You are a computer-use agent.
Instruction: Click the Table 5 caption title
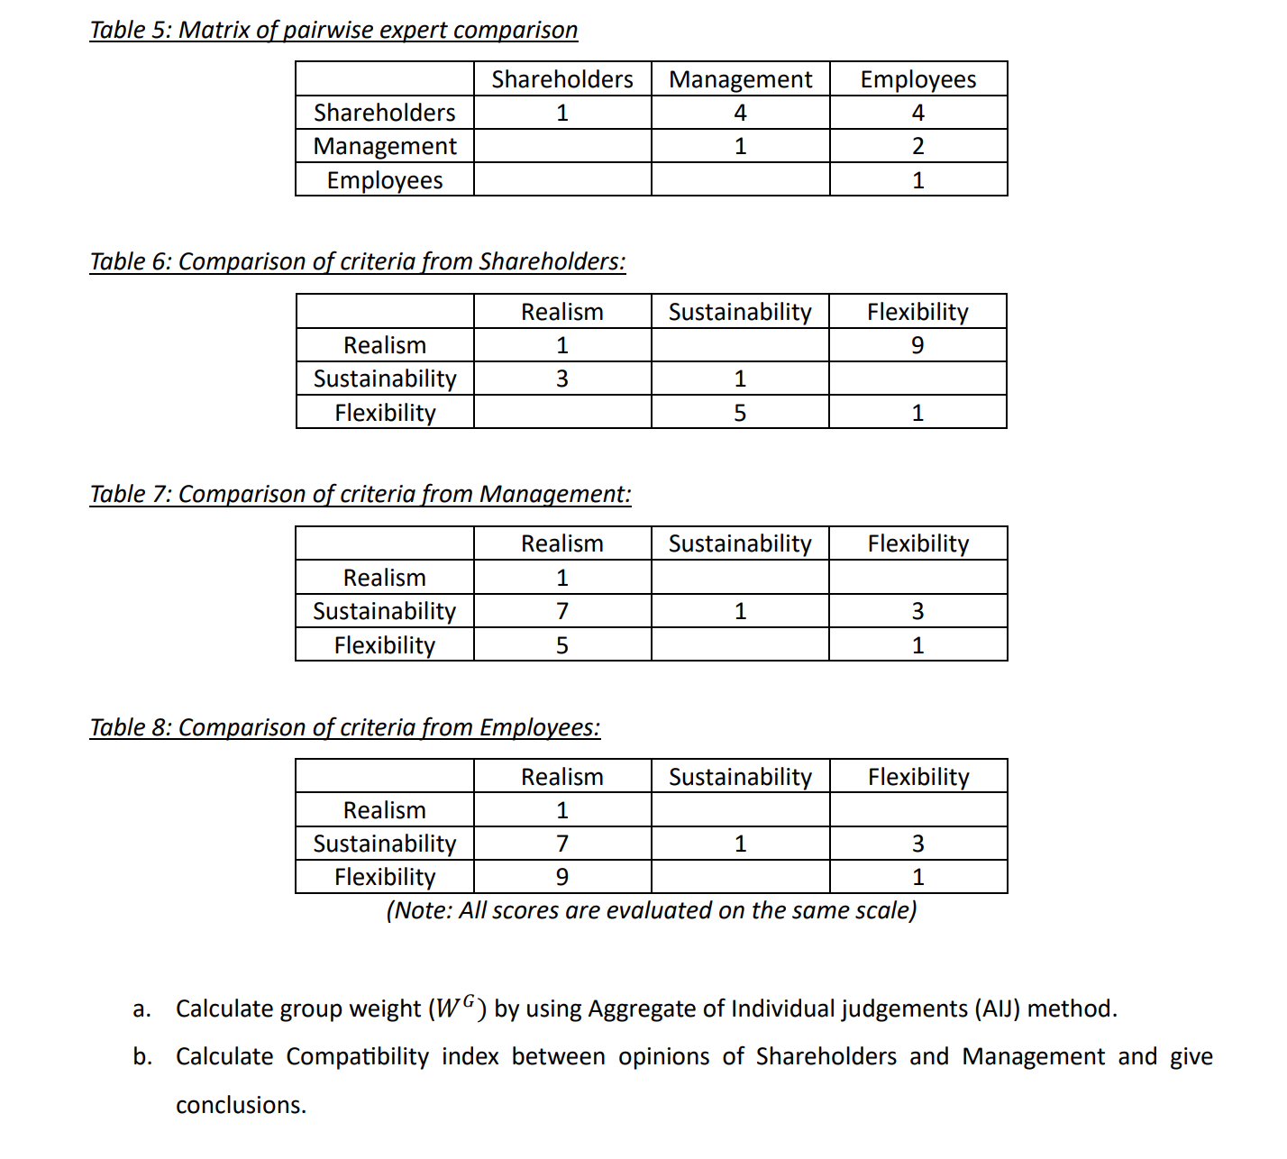[333, 30]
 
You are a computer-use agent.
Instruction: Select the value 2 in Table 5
[917, 146]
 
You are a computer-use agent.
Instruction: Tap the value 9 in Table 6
[917, 345]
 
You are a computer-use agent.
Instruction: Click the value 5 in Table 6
[740, 413]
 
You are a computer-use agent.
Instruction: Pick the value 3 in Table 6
[562, 379]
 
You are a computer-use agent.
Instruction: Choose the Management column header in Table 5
[740, 79]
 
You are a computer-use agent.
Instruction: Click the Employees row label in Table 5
[385, 180]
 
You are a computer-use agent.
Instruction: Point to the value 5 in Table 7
[562, 645]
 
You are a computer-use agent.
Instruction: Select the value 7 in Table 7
[562, 611]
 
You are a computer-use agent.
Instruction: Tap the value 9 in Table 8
[562, 877]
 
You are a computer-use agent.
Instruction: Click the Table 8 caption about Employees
[344, 727]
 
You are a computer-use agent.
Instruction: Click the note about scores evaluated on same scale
[651, 910]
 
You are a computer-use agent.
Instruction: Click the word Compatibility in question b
[357, 1056]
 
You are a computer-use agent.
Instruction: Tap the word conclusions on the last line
[241, 1105]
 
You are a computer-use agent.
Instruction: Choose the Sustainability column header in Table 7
[740, 543]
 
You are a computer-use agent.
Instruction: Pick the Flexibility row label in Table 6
[385, 413]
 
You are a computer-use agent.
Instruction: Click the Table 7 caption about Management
[361, 494]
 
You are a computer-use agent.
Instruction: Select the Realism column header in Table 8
[562, 777]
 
